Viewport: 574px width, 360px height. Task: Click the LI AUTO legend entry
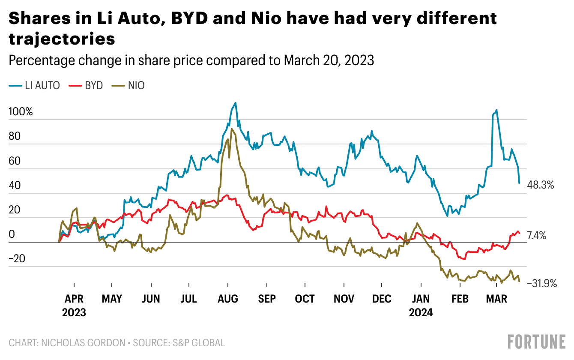pos(34,85)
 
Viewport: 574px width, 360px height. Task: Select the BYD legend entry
pos(89,85)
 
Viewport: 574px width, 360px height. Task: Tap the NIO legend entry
pos(131,85)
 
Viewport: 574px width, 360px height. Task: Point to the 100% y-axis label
pos(21,112)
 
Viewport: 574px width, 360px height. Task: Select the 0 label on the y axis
pos(12,234)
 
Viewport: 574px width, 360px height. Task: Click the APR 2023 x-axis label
pos(74,305)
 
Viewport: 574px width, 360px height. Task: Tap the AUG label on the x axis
pos(228,299)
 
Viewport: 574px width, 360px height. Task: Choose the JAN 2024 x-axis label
pos(421,305)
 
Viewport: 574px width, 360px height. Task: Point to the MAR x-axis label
pos(497,299)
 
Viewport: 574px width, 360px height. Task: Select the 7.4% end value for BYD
pos(536,235)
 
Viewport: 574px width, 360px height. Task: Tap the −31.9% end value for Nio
pos(541,283)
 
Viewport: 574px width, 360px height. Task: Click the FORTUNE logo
pos(536,342)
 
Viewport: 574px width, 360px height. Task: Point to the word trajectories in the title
pos(62,39)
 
